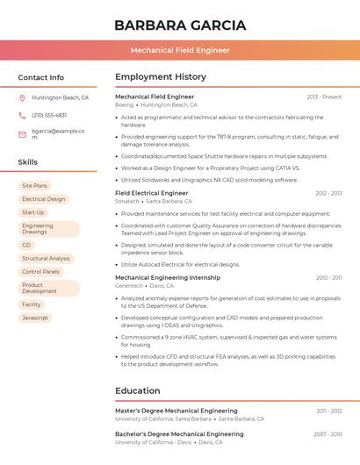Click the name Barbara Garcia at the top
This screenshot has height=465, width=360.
pos(180,25)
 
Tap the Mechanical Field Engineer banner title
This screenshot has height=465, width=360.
pos(180,50)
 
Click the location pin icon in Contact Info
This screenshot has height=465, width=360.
pos(22,98)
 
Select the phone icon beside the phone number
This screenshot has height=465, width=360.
pos(22,115)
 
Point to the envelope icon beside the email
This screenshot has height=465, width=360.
pos(22,133)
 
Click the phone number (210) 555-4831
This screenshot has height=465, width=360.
pos(49,115)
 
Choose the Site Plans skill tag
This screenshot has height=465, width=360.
pos(35,186)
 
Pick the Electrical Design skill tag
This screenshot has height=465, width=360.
pos(44,199)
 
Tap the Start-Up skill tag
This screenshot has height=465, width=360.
pos(33,212)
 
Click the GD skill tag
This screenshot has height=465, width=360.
pos(26,245)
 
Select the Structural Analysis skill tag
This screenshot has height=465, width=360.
pos(47,259)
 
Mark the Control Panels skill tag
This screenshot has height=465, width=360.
pos(41,272)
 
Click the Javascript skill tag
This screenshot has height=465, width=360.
pos(35,318)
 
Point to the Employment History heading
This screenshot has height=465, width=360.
pos(161,77)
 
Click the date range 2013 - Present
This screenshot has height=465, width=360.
pos(324,97)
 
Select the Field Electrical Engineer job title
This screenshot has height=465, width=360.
pos(152,193)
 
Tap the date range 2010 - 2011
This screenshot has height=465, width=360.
pos(329,277)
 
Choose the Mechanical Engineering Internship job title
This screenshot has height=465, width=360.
pos(168,277)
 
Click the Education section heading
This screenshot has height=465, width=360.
pos(138,391)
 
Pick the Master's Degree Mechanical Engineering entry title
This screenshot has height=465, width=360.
pos(176,411)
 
